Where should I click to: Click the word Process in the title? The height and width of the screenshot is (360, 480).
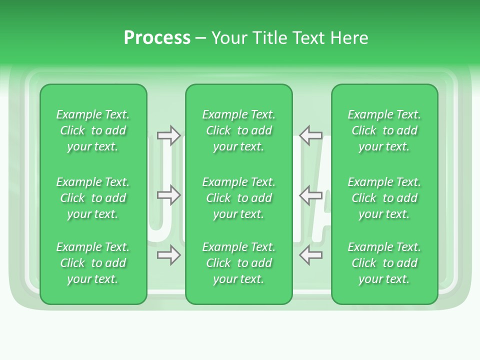[157, 38]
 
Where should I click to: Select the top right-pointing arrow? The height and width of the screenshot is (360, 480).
[168, 135]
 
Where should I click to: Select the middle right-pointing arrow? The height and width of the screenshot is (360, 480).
[168, 195]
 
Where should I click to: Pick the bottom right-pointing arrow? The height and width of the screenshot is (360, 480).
[168, 255]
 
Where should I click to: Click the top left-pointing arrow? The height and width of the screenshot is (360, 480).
[310, 135]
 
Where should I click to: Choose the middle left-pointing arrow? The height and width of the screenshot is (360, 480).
[310, 195]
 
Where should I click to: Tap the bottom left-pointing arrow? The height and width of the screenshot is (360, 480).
[310, 255]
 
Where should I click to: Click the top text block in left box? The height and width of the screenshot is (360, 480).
[93, 130]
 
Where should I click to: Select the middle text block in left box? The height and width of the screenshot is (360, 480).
[93, 198]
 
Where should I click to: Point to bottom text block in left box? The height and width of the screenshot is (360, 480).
[93, 263]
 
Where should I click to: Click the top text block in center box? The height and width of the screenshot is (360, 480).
[238, 130]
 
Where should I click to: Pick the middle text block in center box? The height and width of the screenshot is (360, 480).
[238, 198]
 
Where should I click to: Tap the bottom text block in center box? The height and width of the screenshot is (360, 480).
[238, 263]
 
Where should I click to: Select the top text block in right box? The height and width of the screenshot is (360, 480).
[384, 130]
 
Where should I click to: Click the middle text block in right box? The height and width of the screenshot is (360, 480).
[384, 198]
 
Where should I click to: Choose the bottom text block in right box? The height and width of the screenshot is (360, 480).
[384, 263]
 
